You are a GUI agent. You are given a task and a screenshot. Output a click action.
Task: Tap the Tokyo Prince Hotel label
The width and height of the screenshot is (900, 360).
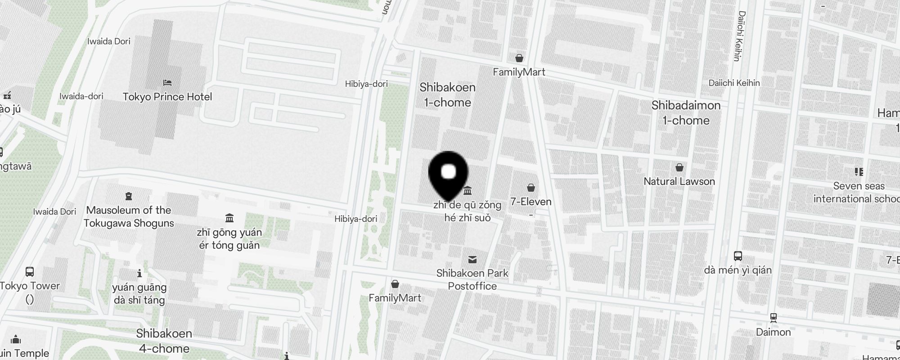pos(167,97)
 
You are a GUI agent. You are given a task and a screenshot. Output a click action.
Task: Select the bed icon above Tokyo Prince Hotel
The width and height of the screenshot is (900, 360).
pos(167,83)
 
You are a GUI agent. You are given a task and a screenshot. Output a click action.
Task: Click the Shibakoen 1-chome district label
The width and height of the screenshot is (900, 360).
pos(447,95)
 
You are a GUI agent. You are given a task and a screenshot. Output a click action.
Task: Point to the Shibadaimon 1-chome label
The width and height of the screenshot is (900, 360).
pos(686,113)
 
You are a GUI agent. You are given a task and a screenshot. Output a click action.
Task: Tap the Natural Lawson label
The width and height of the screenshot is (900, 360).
pos(679,181)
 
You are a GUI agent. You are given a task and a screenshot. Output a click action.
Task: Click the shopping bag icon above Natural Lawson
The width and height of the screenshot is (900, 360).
pos(679,168)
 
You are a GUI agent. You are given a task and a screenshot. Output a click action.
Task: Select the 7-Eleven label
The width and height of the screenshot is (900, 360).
pos(531,202)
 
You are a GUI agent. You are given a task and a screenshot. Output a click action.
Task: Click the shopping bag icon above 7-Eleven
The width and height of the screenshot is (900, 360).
pos(531,188)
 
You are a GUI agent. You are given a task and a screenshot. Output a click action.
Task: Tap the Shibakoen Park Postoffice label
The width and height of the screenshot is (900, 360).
pos(472,279)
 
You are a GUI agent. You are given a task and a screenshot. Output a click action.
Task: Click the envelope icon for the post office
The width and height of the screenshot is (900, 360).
pos(472,260)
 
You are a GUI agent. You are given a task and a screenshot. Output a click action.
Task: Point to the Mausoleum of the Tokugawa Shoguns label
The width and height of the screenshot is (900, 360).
pos(129,216)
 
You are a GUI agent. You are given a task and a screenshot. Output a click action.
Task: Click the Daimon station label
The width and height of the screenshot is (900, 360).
pos(773,332)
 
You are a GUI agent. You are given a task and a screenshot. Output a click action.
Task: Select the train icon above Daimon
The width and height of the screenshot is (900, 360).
pos(774,318)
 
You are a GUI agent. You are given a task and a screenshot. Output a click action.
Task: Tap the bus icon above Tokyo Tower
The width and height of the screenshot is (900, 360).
pos(30,272)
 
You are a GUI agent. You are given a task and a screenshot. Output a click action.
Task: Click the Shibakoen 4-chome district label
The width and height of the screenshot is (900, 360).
pos(164,341)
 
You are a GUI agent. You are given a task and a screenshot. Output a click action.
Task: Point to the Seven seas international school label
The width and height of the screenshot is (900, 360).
pos(859,192)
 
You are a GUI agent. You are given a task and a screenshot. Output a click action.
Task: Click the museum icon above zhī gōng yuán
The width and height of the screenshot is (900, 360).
pos(229,218)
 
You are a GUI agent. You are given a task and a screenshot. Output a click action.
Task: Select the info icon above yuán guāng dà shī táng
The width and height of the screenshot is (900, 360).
pos(139,273)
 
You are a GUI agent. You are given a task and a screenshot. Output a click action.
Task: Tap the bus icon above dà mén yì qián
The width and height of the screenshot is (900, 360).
pos(738,256)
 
